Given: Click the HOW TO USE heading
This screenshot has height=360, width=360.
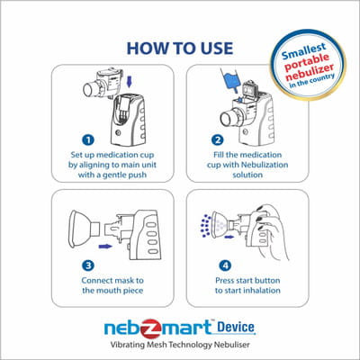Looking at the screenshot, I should point(180,46).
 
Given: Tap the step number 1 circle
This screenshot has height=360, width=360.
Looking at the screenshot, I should point(88,140).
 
